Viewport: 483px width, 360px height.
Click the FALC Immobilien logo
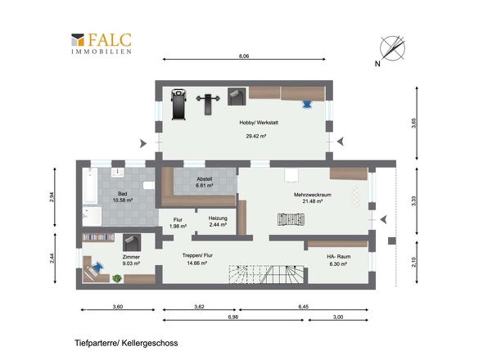click(102, 43)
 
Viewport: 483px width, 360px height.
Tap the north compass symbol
click(392, 48)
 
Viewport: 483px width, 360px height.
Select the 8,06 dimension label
click(244, 56)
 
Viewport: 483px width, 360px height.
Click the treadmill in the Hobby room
click(178, 104)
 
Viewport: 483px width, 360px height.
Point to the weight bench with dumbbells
click(208, 104)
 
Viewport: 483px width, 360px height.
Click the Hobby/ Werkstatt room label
click(259, 123)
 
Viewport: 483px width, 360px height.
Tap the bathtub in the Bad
click(90, 186)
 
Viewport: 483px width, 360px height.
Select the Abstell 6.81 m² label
click(205, 182)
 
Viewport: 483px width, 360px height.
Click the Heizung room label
click(218, 218)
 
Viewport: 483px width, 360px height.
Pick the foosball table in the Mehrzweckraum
click(291, 220)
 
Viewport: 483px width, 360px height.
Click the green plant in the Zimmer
click(117, 278)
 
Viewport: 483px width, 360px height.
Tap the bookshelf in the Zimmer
click(98, 237)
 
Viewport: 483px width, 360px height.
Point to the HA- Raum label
click(339, 257)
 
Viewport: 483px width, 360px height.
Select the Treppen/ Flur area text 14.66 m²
click(196, 263)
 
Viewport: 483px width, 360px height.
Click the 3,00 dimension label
click(338, 317)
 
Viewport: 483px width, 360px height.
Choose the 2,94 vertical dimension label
click(52, 197)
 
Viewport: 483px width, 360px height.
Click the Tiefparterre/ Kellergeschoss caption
click(126, 343)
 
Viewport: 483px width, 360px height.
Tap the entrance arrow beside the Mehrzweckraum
click(383, 220)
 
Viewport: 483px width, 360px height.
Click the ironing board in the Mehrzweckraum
click(355, 197)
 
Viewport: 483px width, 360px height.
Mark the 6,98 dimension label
click(233, 317)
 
